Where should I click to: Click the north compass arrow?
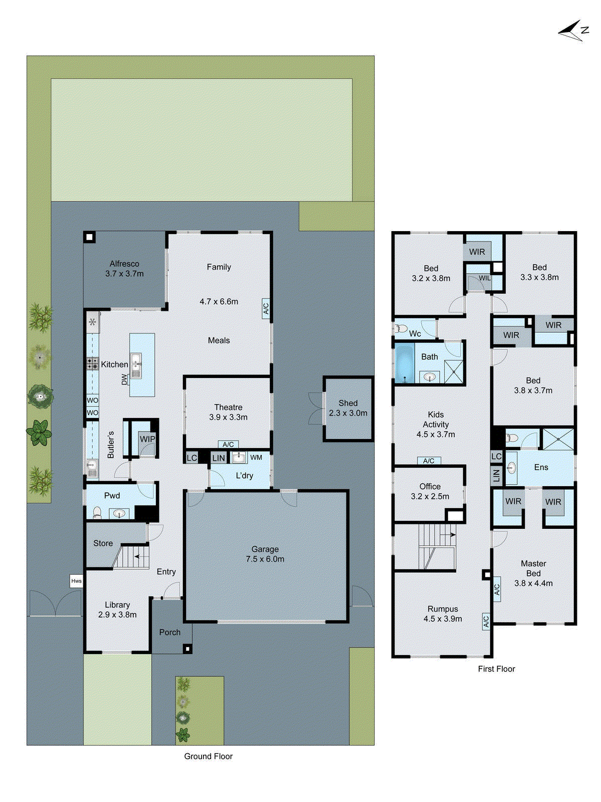[x=572, y=31]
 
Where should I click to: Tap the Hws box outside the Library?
[x=76, y=581]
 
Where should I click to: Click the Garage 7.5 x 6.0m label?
[x=265, y=554]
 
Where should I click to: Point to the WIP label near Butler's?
[x=147, y=439]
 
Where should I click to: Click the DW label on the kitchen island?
[x=125, y=379]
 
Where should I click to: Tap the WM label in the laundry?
[x=256, y=457]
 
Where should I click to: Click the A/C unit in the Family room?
[x=266, y=308]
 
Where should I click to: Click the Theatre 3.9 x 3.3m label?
[x=228, y=412]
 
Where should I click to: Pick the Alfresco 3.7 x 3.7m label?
[x=124, y=269]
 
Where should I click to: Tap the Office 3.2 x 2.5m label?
[x=430, y=491]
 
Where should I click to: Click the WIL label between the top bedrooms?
[x=484, y=278]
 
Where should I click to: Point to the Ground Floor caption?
[x=208, y=756]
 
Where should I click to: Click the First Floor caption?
[x=496, y=669]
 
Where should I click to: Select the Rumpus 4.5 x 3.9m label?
[x=443, y=614]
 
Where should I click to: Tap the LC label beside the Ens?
[x=496, y=456]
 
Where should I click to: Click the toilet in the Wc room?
[x=401, y=329]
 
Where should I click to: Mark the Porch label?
[x=169, y=633]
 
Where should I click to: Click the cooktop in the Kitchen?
[x=93, y=363]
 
